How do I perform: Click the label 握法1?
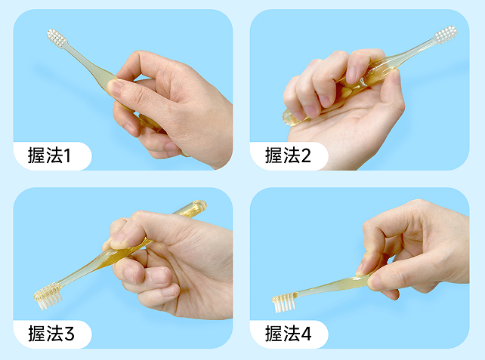pyautogui.click(x=50, y=155)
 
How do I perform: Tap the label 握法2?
pyautogui.click(x=288, y=155)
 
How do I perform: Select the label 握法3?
pyautogui.click(x=51, y=334)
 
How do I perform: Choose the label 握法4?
pyautogui.click(x=289, y=334)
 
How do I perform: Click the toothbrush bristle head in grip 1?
pyautogui.click(x=57, y=38)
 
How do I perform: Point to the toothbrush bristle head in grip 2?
pyautogui.click(x=446, y=35)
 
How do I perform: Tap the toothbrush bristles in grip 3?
pyautogui.click(x=48, y=297)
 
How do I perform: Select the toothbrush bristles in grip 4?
pyautogui.click(x=285, y=303)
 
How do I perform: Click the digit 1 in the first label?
pyautogui.click(x=67, y=155)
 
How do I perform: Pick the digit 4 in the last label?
pyautogui.click(x=306, y=334)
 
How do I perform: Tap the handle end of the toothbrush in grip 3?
pyautogui.click(x=199, y=205)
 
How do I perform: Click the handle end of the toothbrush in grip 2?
pyautogui.click(x=289, y=118)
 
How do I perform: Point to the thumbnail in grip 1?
pyautogui.click(x=114, y=88)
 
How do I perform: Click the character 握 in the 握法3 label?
pyautogui.click(x=36, y=334)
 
